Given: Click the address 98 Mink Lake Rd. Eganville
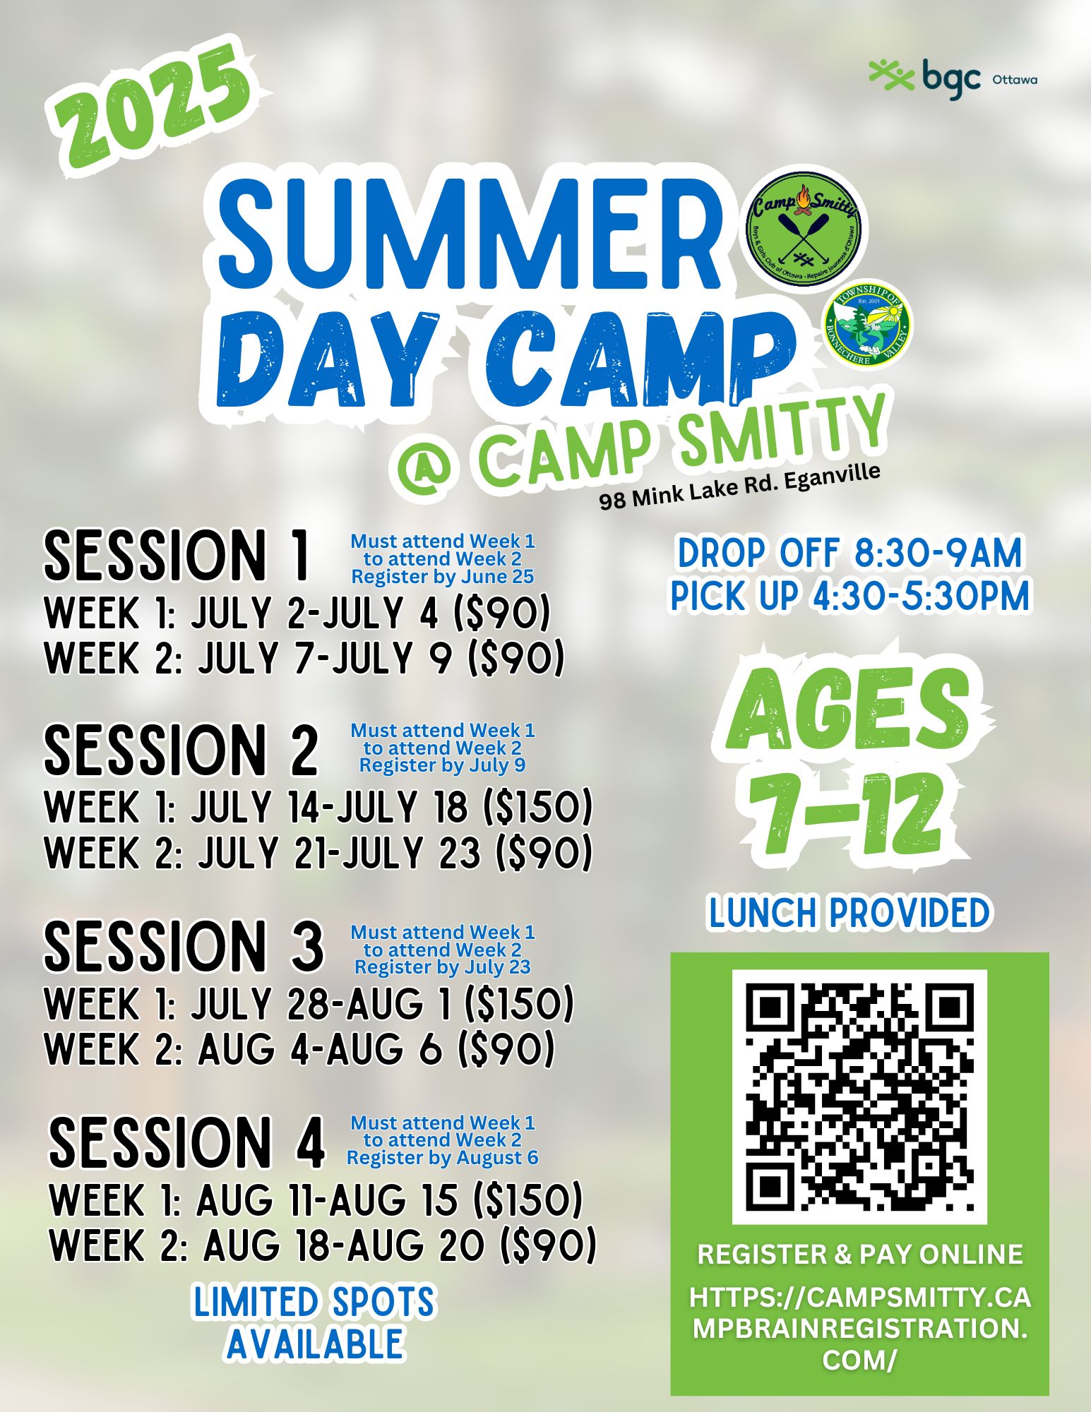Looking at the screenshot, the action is (740, 486).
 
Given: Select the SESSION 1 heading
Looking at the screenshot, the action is (177, 556).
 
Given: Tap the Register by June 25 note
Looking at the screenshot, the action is (443, 577).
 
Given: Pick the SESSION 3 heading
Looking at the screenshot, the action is (184, 946).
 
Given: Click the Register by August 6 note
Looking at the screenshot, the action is (443, 1158).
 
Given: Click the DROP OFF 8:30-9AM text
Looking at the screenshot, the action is (849, 554).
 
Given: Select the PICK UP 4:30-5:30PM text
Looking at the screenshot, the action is (849, 597).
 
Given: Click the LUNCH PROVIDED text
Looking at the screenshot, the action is (849, 912).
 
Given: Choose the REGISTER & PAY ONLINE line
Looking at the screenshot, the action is (859, 1254).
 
